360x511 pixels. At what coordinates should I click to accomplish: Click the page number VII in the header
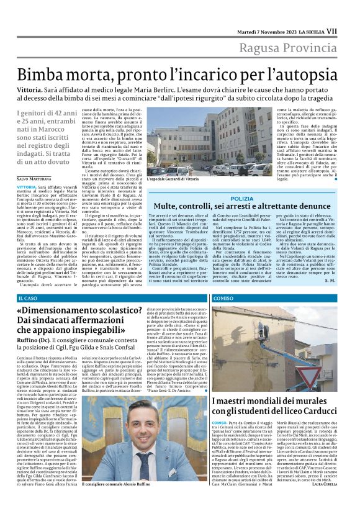(x=349, y=30)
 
